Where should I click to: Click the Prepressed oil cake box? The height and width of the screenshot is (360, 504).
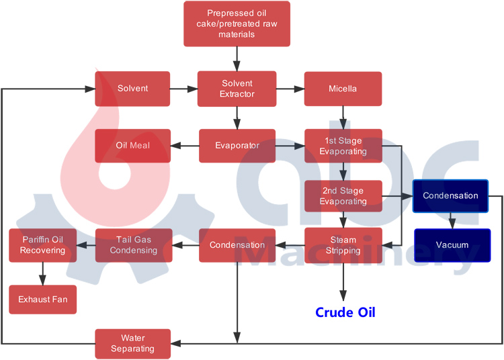click(x=237, y=24)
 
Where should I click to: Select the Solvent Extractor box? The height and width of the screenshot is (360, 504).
click(x=237, y=89)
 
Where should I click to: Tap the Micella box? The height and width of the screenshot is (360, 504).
click(x=343, y=89)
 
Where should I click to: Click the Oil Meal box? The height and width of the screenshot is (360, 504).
click(x=132, y=146)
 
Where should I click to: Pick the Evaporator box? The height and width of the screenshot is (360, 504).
click(x=237, y=146)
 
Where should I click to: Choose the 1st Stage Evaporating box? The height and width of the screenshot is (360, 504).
click(x=343, y=146)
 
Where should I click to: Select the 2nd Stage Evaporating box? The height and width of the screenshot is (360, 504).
click(x=343, y=196)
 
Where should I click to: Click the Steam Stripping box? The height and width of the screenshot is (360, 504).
click(x=343, y=245)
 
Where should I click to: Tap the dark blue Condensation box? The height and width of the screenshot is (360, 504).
click(x=450, y=196)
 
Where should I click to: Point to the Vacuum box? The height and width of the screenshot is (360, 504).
click(x=452, y=245)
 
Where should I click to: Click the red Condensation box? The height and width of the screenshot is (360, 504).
click(x=237, y=245)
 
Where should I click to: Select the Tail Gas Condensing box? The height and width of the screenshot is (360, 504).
click(x=133, y=245)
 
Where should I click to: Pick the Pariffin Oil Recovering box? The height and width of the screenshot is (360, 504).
click(x=43, y=245)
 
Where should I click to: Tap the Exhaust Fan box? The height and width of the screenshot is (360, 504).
click(x=42, y=299)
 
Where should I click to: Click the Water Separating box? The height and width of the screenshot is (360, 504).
click(x=132, y=343)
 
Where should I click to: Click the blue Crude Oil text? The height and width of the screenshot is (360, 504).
click(x=345, y=312)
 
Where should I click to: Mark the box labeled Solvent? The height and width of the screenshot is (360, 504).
click(x=132, y=89)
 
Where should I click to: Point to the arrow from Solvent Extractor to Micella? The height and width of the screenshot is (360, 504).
click(x=290, y=89)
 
